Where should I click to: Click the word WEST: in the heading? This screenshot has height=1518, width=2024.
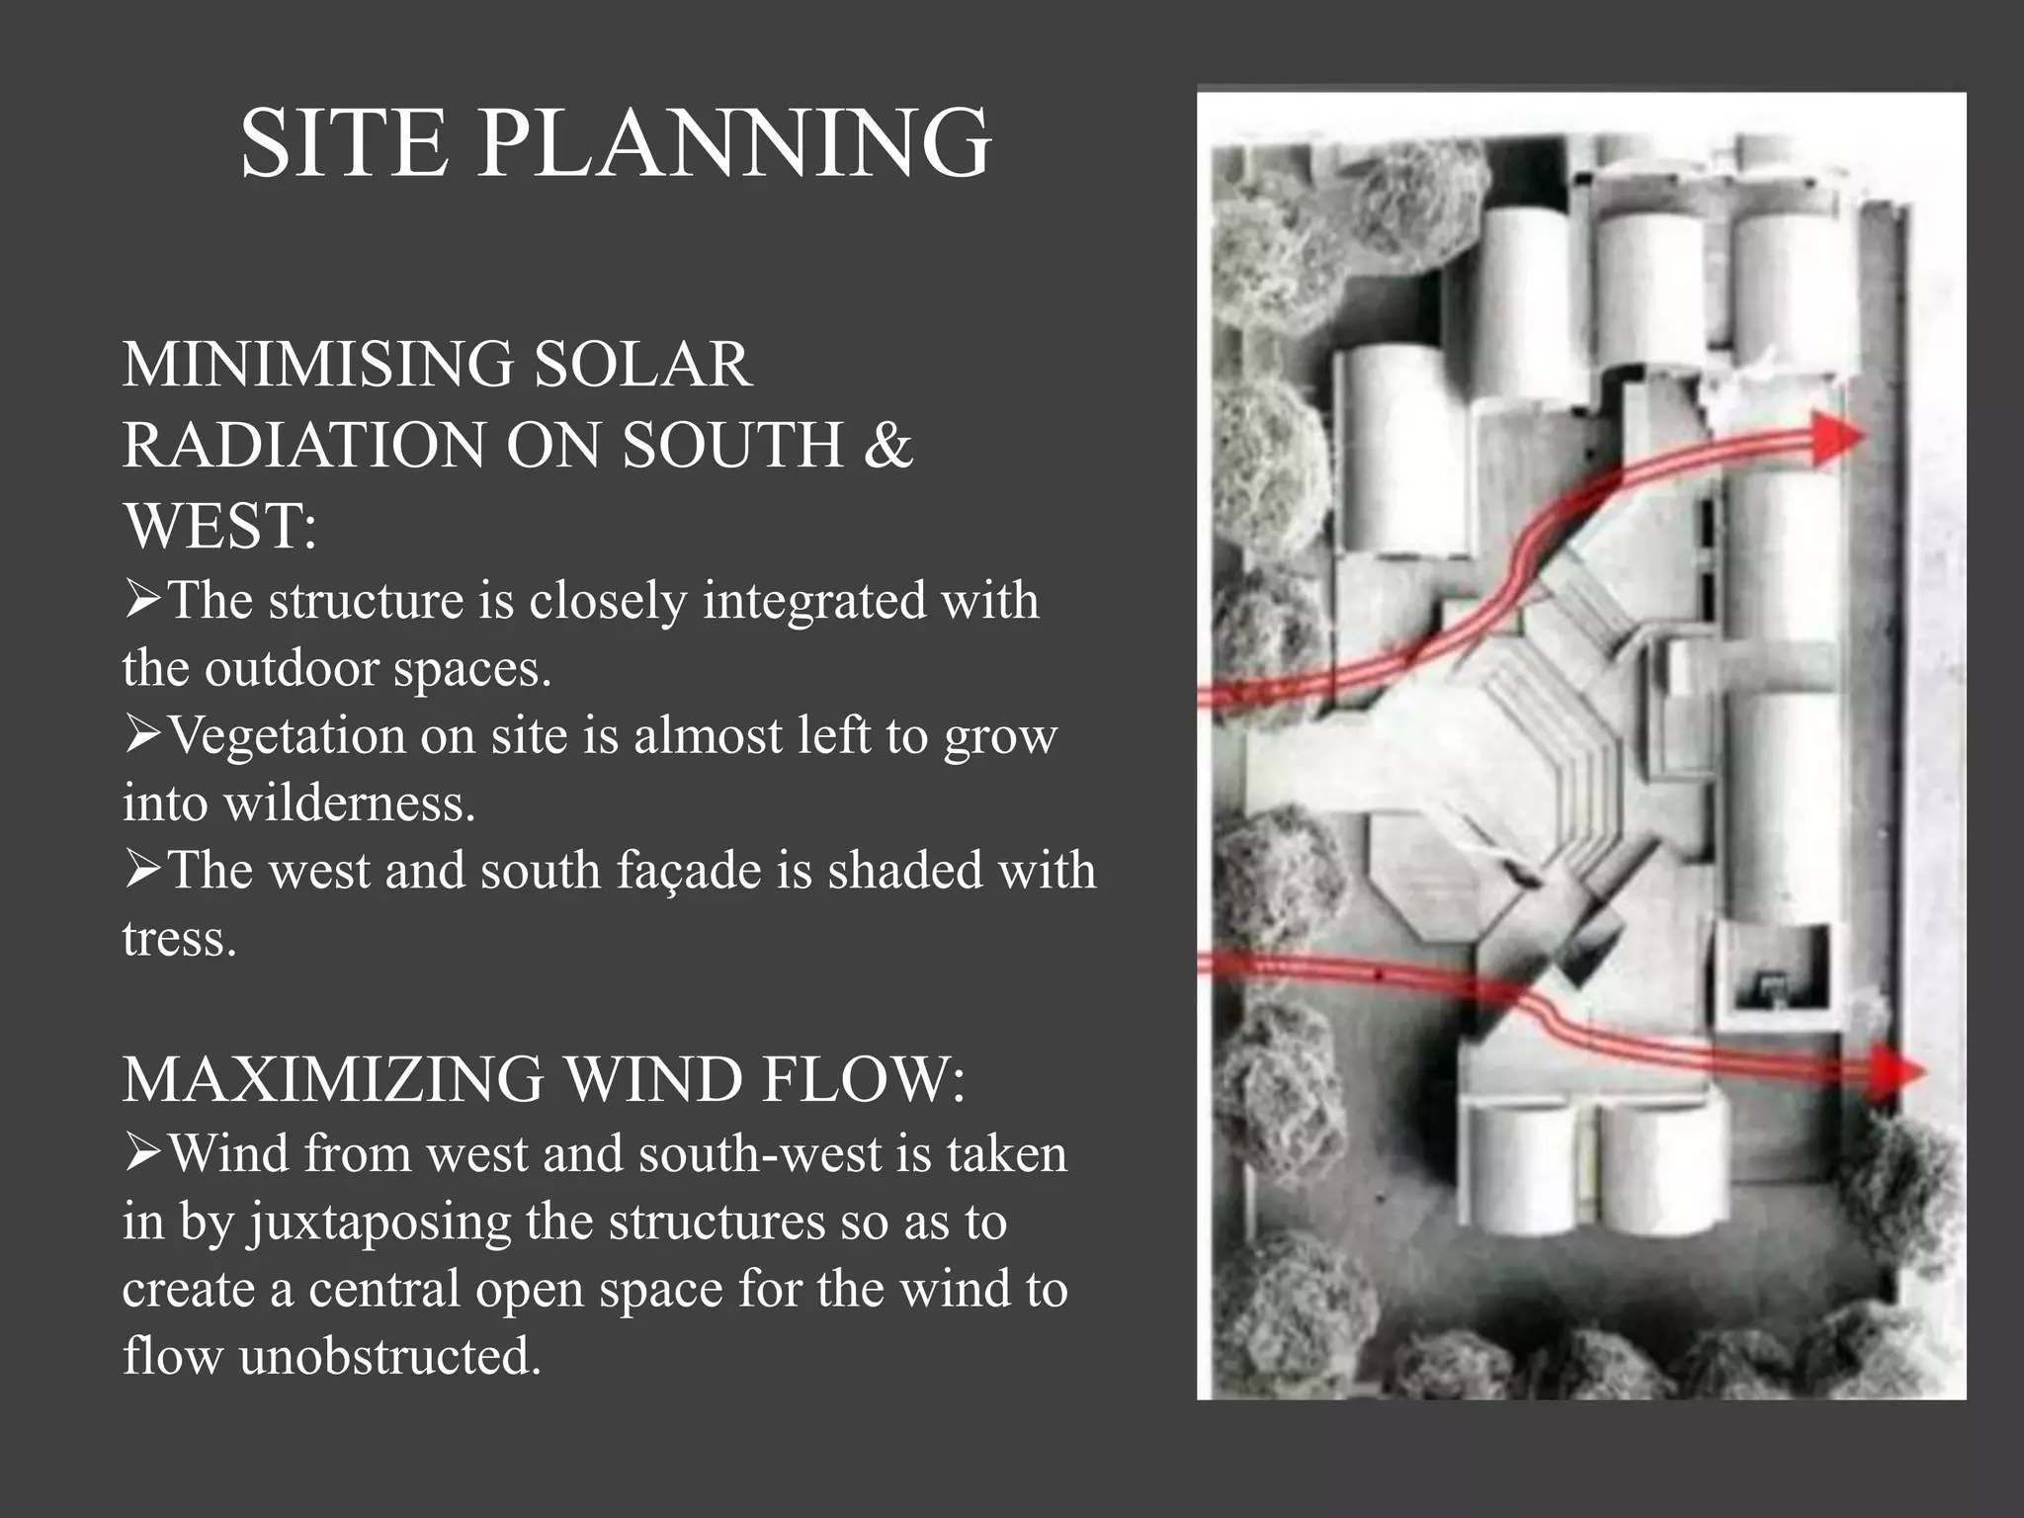(x=219, y=525)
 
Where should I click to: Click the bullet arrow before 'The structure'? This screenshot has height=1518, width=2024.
(x=143, y=601)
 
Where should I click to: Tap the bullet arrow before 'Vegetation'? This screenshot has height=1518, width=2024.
(x=143, y=736)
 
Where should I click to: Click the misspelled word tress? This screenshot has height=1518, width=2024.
(x=179, y=938)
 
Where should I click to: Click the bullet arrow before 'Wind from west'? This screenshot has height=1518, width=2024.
(x=143, y=1154)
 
